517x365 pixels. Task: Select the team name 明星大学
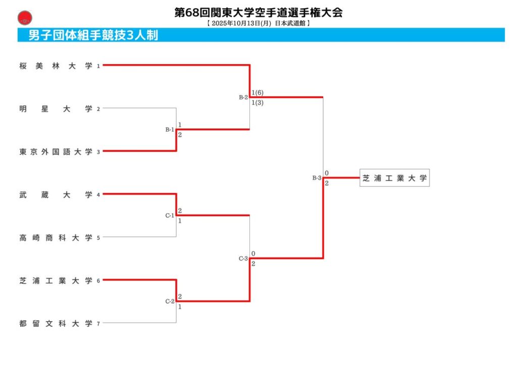[x=56, y=108]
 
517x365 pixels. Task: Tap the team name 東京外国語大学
[x=56, y=151]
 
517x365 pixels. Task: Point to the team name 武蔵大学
[x=56, y=194]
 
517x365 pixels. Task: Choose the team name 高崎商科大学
[x=56, y=237]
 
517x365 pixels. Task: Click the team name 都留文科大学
[x=56, y=323]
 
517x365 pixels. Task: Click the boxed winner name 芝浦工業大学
[x=394, y=178]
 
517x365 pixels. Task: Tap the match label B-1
[x=170, y=130]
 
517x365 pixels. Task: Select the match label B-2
[x=243, y=97]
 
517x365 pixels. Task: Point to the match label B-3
[x=317, y=178]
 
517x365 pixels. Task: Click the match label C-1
[x=170, y=216]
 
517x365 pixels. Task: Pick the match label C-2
[x=170, y=301]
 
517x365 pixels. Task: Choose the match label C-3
[x=243, y=259]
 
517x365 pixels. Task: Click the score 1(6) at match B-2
[x=257, y=93]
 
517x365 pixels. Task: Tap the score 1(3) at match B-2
[x=257, y=103]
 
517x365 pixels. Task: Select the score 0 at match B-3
[x=327, y=173]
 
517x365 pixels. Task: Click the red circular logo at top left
[x=24, y=20]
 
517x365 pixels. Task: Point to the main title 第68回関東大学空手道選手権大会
[x=258, y=13]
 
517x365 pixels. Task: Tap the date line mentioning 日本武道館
[x=258, y=23]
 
